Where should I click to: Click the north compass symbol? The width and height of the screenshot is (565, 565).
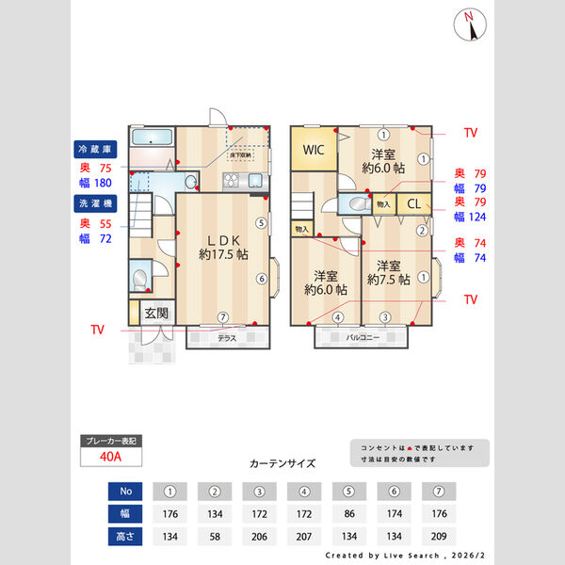(x=471, y=25)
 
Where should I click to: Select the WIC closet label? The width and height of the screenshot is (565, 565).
(x=315, y=150)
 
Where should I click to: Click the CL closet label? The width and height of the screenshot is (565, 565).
(x=413, y=203)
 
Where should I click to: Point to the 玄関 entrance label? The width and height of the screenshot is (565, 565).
(x=156, y=313)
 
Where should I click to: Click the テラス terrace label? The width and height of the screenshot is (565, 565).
(x=227, y=337)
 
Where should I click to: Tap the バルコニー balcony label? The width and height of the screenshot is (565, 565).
(x=362, y=337)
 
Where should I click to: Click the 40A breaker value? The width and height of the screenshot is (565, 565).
(x=111, y=457)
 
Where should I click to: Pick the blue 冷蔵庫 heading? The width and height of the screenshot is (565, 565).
(x=94, y=150)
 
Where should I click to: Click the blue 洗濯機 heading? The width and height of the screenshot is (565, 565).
(x=94, y=202)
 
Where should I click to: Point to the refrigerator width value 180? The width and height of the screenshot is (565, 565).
(x=103, y=184)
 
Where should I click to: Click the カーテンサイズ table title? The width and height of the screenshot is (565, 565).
(x=282, y=463)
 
